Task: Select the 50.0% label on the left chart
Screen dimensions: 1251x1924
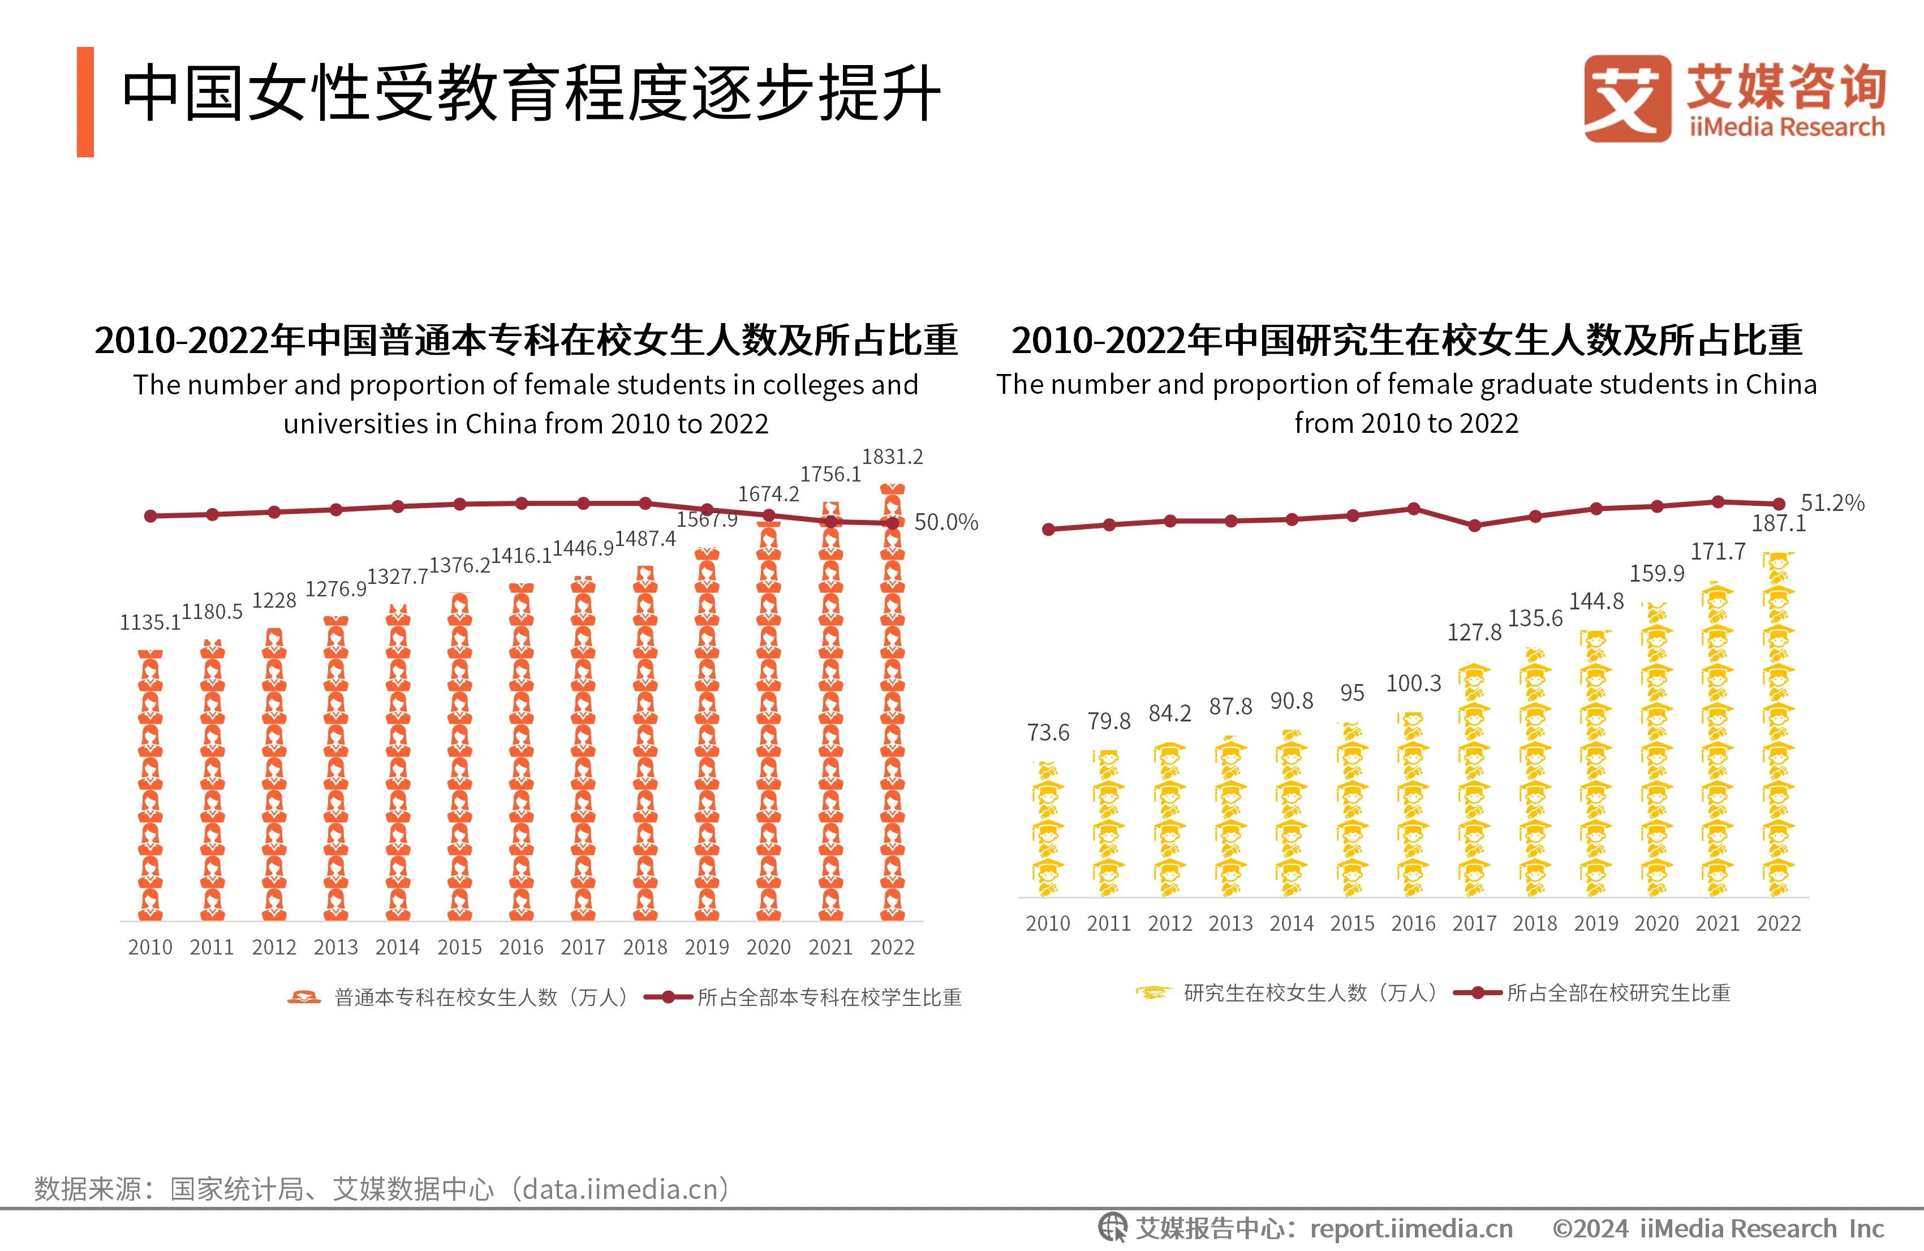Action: (946, 522)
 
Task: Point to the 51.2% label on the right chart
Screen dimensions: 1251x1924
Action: (1832, 503)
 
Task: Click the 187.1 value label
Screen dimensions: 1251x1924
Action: (1779, 523)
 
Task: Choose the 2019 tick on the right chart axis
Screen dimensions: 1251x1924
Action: (1596, 923)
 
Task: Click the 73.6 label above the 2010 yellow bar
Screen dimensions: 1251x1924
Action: (1048, 733)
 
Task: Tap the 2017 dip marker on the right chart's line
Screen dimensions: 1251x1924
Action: (1474, 526)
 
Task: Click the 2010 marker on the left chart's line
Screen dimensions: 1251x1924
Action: (150, 516)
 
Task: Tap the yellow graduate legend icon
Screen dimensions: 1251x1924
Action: (1153, 993)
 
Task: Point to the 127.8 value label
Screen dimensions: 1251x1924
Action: (1474, 633)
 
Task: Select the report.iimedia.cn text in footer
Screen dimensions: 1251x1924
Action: (1411, 1229)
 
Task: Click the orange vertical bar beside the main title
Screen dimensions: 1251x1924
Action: (85, 102)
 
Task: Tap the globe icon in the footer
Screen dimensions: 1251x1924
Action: (1112, 1228)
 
